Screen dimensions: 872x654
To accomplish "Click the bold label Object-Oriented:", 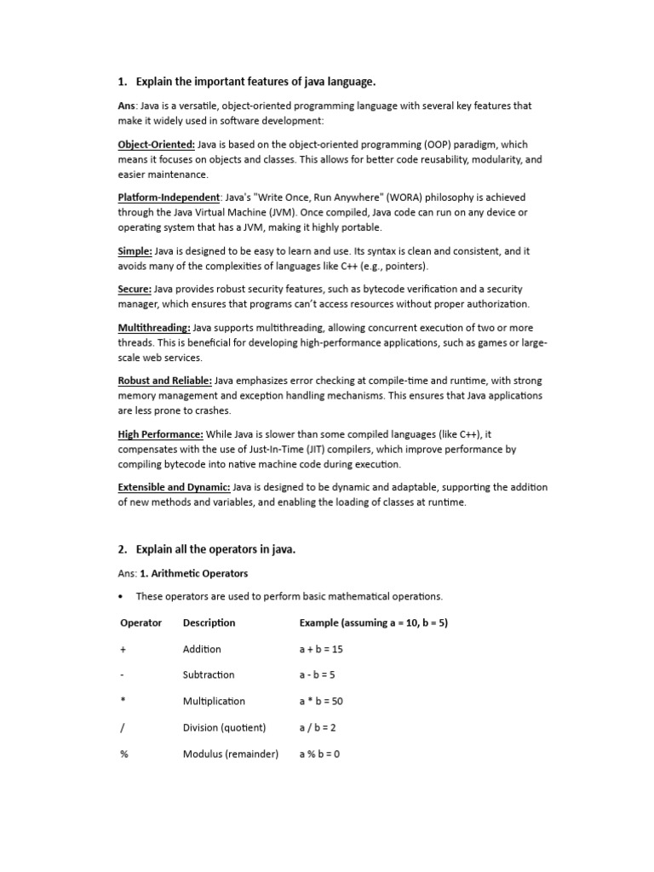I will pyautogui.click(x=156, y=145).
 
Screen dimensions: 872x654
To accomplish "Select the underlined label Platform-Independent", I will pyautogui.click(x=169, y=198).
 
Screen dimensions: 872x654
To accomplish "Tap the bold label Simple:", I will pyautogui.click(x=135, y=250).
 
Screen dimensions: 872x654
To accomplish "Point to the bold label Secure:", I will pyautogui.click(x=135, y=290).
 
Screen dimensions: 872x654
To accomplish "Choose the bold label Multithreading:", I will pyautogui.click(x=154, y=328).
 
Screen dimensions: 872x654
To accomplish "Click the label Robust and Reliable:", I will pyautogui.click(x=164, y=381).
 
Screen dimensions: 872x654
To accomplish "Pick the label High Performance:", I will pyautogui.click(x=160, y=434).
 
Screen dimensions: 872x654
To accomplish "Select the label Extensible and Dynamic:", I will pyautogui.click(x=174, y=487).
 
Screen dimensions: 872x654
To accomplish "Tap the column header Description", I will pyautogui.click(x=209, y=622).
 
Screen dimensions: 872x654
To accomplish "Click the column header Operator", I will pyautogui.click(x=141, y=622).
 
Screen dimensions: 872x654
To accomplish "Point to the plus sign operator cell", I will pyautogui.click(x=123, y=649).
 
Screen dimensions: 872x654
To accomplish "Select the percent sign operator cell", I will pyautogui.click(x=124, y=754).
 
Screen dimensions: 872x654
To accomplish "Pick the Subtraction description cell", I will pyautogui.click(x=209, y=675).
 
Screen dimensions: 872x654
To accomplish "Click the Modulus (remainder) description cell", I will pyautogui.click(x=231, y=754).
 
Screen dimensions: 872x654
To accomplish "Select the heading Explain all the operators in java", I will pyautogui.click(x=215, y=550).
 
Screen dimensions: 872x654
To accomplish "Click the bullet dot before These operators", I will pyautogui.click(x=123, y=596).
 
